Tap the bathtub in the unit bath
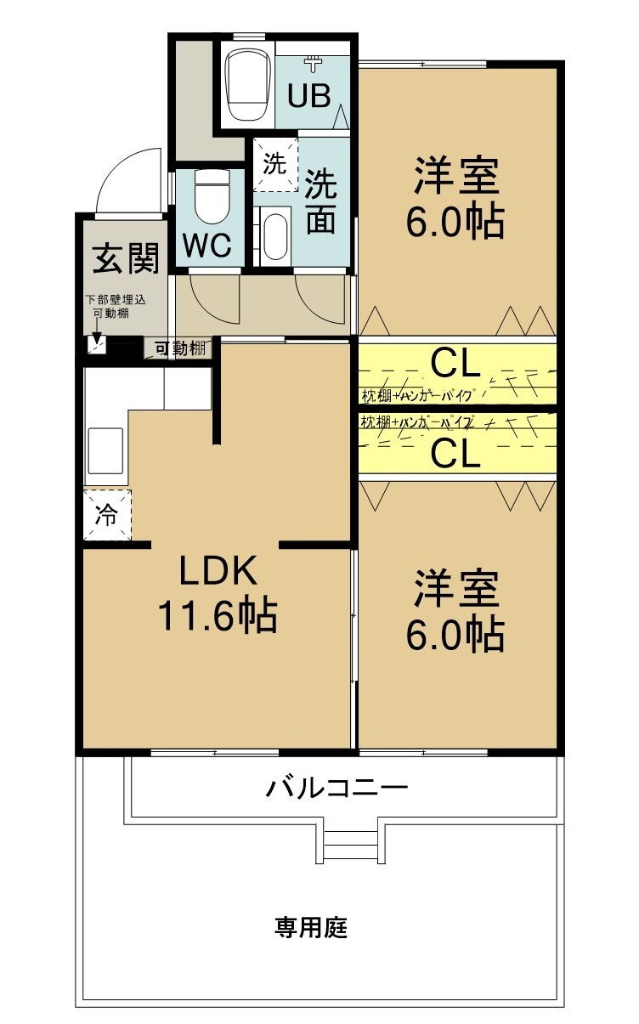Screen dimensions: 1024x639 pos(247,84)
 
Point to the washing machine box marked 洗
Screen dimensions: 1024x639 pos(274,164)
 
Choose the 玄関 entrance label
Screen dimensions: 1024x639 pos(126,258)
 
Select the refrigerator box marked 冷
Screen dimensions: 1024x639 pos(107,515)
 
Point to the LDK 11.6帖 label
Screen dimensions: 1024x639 pos(218,593)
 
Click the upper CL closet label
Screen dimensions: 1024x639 pos(456,364)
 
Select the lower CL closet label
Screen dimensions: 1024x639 pos(456,454)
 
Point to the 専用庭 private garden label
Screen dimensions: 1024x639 pos(311,927)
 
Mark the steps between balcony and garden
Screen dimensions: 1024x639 pos(351,843)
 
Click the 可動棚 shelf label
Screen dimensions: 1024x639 pos(179,347)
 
